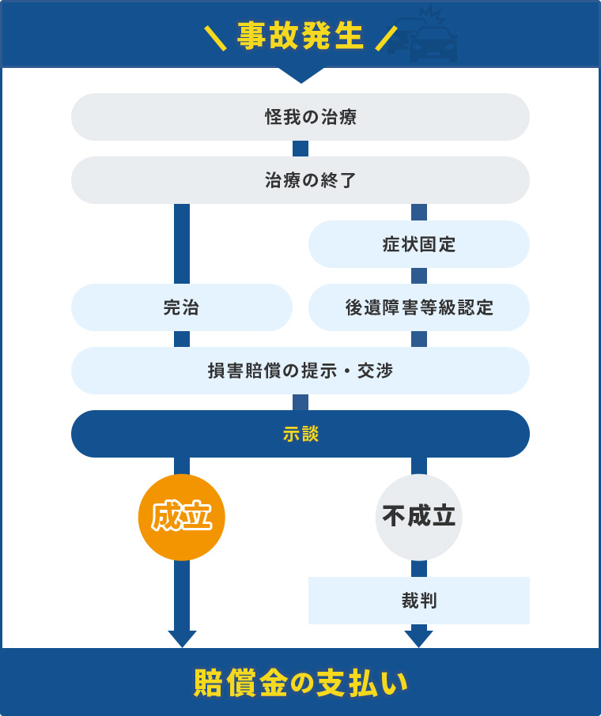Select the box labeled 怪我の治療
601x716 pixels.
(300, 117)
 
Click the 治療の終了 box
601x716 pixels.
(300, 180)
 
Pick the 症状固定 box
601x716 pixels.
(419, 244)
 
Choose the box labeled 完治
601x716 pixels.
(182, 307)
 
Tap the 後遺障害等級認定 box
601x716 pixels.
(419, 307)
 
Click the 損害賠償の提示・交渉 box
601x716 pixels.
(300, 371)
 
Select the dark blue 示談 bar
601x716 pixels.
(300, 434)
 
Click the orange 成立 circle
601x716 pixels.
(182, 517)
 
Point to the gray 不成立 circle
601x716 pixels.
(419, 517)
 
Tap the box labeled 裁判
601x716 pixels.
(419, 601)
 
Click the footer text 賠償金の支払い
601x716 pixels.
(300, 683)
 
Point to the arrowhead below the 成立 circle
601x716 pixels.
(182, 638)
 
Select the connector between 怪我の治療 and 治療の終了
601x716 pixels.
(300, 149)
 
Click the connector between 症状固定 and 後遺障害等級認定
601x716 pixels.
(419, 276)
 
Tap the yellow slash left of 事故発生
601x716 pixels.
(214, 37)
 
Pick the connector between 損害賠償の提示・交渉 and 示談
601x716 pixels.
(300, 402)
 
